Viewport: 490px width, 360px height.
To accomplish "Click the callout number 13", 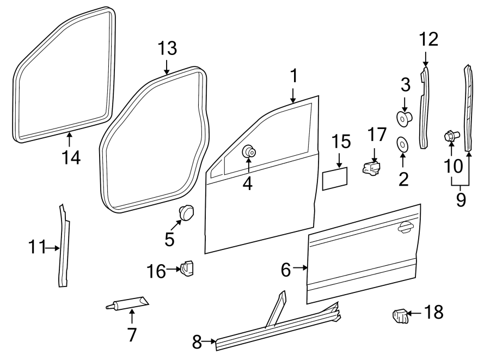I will [x=167, y=48].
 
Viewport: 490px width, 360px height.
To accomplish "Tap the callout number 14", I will [x=71, y=157].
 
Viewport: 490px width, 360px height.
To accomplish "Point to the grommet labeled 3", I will [x=403, y=117].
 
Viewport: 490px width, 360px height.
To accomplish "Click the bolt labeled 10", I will [x=451, y=136].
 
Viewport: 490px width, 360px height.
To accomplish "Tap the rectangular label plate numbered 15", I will [x=335, y=179].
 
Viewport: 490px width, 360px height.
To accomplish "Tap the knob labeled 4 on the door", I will [x=249, y=151].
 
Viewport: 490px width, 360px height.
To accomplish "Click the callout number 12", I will [x=428, y=39].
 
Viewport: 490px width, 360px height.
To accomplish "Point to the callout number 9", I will [x=461, y=200].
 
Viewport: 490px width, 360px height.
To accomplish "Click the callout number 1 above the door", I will [x=293, y=76].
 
